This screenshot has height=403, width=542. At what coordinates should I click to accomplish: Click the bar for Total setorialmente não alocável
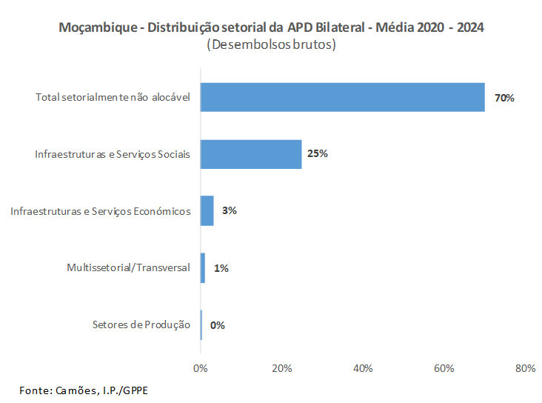[x=342, y=97]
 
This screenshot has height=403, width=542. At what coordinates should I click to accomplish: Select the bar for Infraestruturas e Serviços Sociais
[x=251, y=154]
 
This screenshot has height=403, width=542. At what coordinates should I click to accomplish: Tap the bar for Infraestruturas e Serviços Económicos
[x=207, y=210]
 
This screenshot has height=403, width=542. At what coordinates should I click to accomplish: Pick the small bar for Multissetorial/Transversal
[x=203, y=267]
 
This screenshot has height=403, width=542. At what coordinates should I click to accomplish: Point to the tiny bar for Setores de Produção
[x=201, y=324]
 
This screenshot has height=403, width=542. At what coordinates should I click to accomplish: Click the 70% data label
[x=504, y=98]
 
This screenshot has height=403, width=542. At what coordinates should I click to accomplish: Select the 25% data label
[x=317, y=154]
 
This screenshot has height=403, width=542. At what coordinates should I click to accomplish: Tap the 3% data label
[x=230, y=211]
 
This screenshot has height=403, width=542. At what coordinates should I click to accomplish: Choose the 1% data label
[x=221, y=268]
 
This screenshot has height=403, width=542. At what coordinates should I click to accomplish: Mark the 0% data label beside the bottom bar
[x=217, y=325]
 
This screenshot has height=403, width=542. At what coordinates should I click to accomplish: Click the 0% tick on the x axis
[x=200, y=368]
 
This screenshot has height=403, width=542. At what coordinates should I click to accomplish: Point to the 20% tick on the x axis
[x=281, y=368]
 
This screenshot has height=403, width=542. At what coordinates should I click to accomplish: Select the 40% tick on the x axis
[x=363, y=368]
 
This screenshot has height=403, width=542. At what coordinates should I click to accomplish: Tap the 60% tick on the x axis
[x=444, y=368]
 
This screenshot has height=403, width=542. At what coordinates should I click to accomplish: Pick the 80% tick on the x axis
[x=525, y=368]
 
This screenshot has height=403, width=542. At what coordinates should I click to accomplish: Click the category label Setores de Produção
[x=141, y=324]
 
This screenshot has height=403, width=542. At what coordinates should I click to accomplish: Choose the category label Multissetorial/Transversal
[x=128, y=267]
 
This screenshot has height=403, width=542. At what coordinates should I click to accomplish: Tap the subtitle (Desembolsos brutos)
[x=272, y=45]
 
